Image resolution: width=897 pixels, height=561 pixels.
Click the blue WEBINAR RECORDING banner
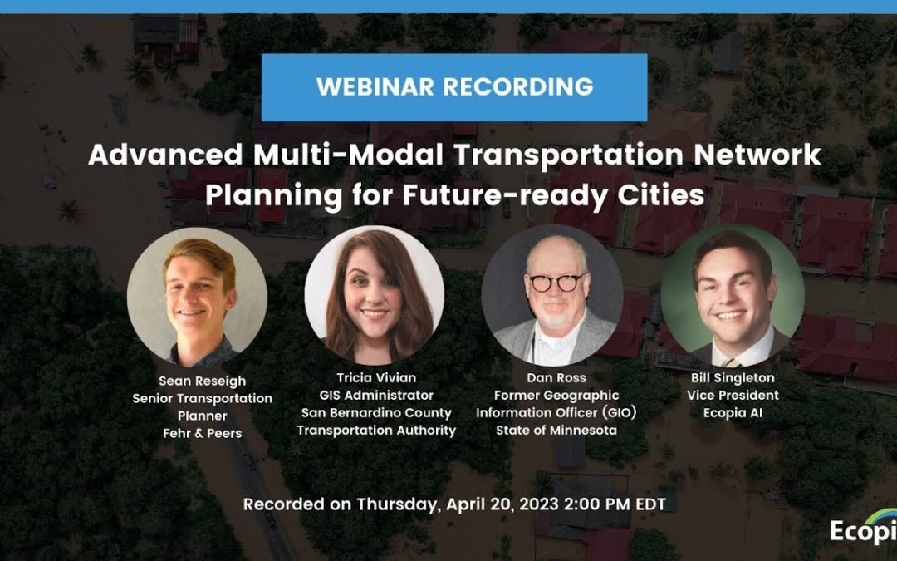(454, 87)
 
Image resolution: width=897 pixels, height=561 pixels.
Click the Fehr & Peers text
(202, 434)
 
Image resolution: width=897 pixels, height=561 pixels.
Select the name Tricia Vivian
(376, 376)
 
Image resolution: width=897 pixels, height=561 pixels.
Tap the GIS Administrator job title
(376, 395)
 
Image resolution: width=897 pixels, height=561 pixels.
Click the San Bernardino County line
(376, 412)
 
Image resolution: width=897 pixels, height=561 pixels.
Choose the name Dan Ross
(556, 376)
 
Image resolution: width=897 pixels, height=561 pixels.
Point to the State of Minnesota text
(556, 430)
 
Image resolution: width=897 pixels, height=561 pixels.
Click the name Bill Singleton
(733, 376)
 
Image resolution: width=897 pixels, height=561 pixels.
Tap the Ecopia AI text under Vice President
(733, 412)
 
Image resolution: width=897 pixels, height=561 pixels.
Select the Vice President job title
(733, 395)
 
